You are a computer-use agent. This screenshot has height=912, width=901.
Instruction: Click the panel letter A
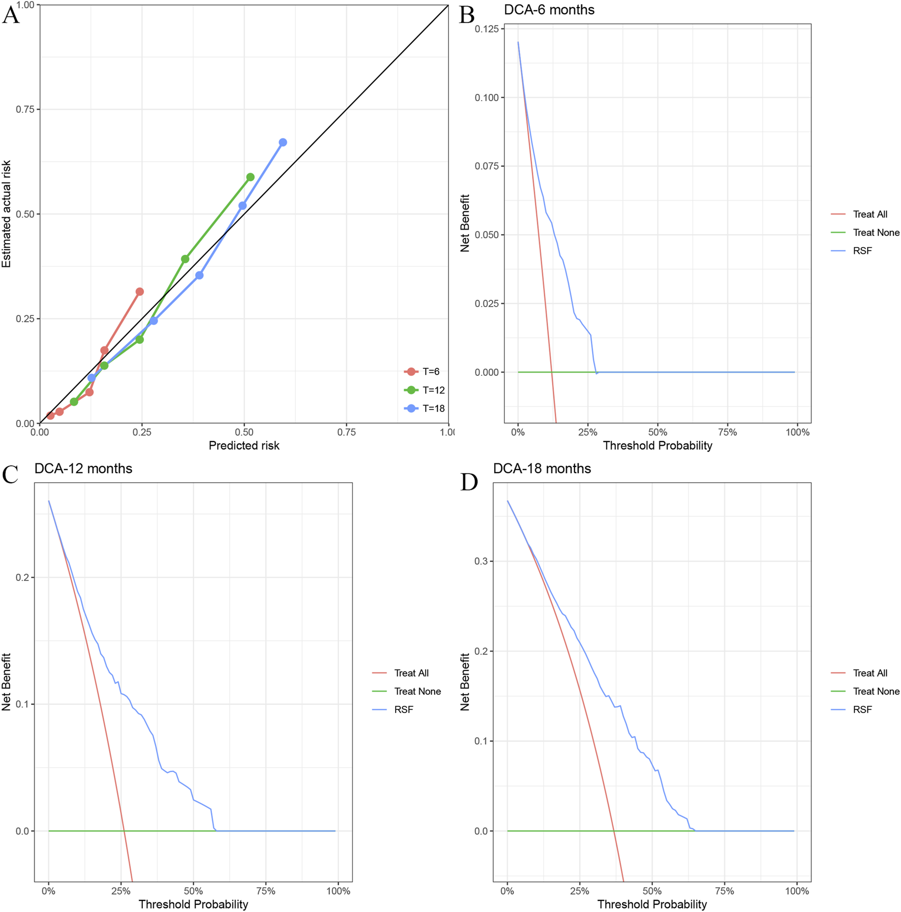(11, 15)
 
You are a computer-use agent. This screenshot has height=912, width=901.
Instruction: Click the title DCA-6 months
(549, 10)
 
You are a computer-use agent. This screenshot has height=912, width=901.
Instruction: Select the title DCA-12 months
(83, 468)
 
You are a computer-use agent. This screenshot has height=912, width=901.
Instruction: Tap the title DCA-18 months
(542, 468)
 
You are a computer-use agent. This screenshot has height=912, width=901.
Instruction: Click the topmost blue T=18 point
(283, 142)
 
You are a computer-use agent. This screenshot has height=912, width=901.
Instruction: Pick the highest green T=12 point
(250, 177)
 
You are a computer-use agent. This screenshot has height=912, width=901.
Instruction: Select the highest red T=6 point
(140, 291)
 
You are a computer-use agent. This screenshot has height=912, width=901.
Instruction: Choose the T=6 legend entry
(422, 372)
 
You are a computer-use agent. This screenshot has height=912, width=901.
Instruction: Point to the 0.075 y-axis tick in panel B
(487, 166)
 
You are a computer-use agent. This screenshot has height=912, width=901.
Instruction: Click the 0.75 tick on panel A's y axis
(25, 109)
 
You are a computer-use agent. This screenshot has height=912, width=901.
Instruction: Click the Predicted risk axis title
(244, 446)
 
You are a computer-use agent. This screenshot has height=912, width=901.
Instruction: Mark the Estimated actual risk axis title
(7, 214)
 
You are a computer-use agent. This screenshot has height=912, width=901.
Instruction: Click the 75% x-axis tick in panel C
(266, 891)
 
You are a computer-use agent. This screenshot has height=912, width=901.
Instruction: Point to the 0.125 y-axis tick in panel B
(487, 29)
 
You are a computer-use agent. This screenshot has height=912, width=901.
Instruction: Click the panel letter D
(469, 482)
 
